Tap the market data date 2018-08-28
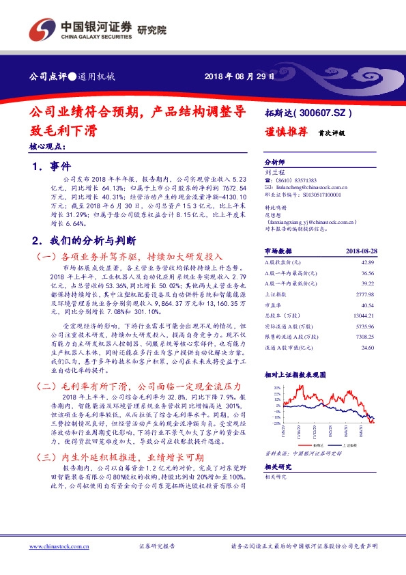click(x=360, y=251)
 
